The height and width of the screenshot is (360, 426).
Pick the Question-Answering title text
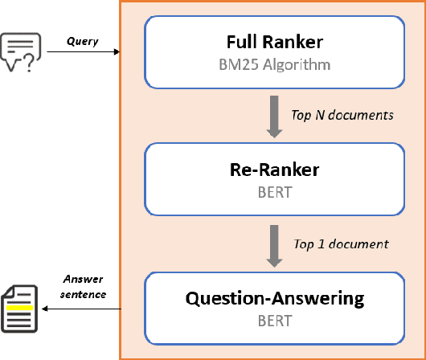point(274,298)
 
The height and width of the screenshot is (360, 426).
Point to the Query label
point(82,42)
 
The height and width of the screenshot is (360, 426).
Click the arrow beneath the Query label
point(84,53)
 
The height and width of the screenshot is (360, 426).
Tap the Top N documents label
point(342,115)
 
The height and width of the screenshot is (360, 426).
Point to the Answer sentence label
point(84,288)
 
